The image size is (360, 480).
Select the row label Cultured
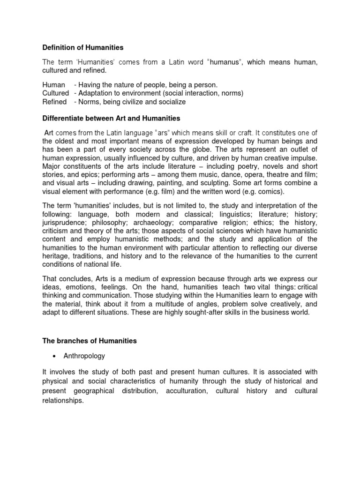[56, 93]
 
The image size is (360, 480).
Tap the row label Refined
[54, 102]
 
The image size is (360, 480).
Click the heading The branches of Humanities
[90, 341]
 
